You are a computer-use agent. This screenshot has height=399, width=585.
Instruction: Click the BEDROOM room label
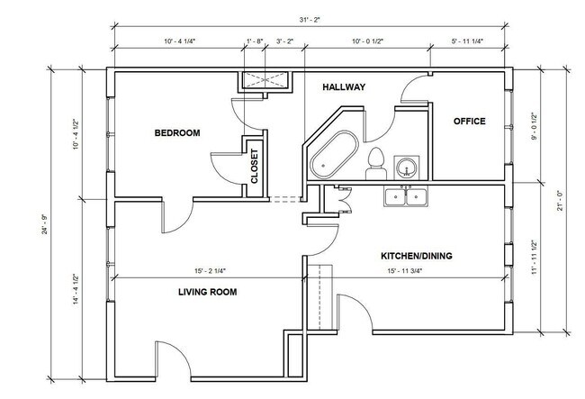(x=177, y=133)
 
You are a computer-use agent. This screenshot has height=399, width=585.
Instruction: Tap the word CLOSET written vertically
(x=255, y=167)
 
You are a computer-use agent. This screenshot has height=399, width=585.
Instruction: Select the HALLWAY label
(x=344, y=87)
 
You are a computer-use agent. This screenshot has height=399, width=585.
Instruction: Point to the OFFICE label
(x=469, y=121)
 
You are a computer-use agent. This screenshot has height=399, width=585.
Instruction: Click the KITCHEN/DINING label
(x=417, y=256)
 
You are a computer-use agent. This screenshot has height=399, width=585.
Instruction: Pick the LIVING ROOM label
(x=207, y=292)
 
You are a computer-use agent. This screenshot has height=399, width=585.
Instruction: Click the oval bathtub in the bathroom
(x=335, y=154)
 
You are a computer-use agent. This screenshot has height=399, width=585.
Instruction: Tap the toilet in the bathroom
(x=375, y=164)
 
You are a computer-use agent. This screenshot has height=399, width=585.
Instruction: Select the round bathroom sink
(x=406, y=167)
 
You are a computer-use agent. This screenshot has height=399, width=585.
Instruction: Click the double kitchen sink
(x=406, y=196)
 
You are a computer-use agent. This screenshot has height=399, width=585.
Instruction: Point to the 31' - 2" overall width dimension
(x=310, y=20)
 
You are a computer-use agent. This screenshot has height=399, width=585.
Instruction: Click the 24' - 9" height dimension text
(x=45, y=224)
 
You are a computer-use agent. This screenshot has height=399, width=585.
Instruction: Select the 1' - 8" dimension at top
(x=255, y=41)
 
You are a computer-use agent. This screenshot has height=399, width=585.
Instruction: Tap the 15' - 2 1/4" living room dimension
(x=210, y=271)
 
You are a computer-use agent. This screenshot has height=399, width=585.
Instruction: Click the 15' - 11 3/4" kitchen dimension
(x=404, y=271)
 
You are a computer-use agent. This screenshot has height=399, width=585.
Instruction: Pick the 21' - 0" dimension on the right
(x=560, y=201)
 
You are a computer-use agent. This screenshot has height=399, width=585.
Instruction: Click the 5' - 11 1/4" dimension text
(x=467, y=41)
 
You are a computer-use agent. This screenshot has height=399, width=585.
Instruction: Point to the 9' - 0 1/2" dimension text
(x=534, y=126)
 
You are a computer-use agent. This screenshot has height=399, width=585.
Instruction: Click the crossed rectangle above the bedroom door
(x=265, y=80)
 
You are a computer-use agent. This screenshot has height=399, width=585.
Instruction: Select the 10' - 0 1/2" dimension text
(x=368, y=41)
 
